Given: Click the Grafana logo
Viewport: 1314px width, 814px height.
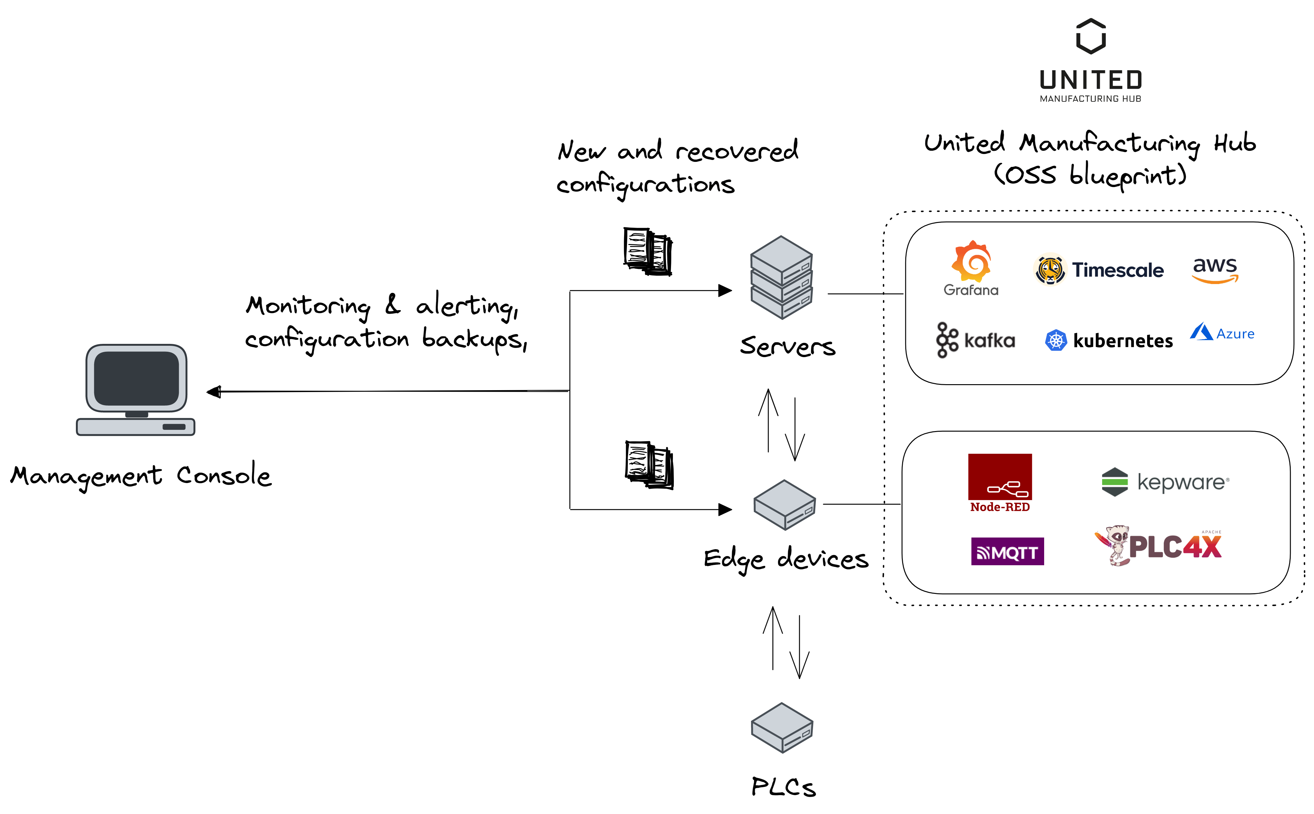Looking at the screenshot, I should (x=970, y=268).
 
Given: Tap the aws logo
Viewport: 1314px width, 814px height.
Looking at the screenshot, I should (x=1215, y=269).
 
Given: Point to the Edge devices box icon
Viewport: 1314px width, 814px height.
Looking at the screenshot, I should (x=784, y=504).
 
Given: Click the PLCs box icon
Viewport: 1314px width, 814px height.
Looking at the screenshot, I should (x=782, y=727).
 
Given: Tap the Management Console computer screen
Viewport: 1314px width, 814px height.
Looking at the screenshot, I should (x=136, y=379).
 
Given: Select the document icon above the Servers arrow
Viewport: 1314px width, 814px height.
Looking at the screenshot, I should (x=648, y=251).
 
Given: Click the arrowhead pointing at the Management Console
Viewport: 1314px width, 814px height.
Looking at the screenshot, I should (x=214, y=391).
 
